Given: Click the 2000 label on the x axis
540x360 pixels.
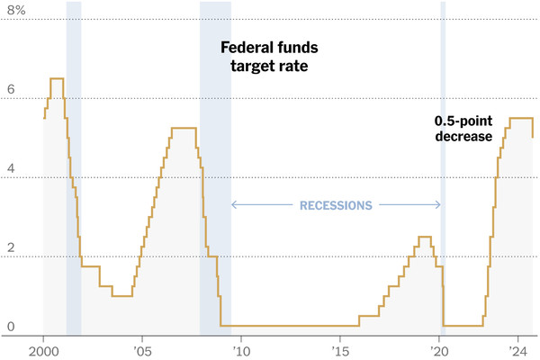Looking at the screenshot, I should coord(43,350).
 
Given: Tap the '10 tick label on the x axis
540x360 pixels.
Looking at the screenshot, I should coord(240,350).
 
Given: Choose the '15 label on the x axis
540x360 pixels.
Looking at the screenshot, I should coord(339,350).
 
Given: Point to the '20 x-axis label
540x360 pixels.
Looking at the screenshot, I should coord(438,350).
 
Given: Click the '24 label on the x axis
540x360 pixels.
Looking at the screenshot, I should coord(517,350).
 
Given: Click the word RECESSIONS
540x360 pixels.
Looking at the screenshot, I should coord(336,205).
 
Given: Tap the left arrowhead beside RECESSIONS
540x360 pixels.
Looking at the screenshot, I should coord(234,205).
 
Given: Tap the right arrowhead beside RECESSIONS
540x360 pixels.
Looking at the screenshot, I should coord(437,205).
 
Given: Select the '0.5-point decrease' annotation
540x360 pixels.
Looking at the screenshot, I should coord(463,129).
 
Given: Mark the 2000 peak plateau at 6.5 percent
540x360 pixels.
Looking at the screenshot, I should coord(56,79).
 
